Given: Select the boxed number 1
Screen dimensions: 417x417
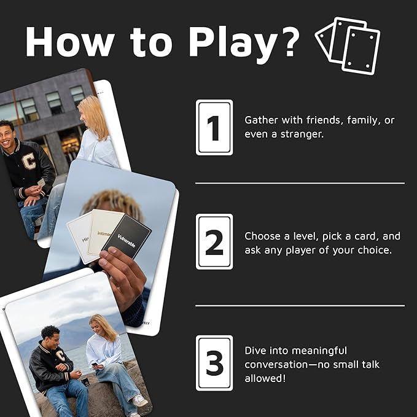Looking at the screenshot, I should click(x=214, y=127).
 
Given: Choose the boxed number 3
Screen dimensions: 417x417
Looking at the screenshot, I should click(x=214, y=363).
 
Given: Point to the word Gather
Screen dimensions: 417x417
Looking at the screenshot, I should click(x=261, y=120).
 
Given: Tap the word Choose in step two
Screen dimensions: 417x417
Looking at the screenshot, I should click(x=262, y=236).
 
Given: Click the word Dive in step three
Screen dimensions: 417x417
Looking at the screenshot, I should click(x=255, y=350).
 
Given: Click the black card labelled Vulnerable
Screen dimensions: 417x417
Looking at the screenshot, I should click(x=126, y=235).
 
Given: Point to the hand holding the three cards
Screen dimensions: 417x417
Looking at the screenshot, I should click(x=123, y=276).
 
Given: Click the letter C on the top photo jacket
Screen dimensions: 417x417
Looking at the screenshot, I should click(x=29, y=161).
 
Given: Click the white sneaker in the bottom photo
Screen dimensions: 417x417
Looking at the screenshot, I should click(x=140, y=400).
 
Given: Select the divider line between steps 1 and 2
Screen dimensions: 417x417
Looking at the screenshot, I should click(x=300, y=183).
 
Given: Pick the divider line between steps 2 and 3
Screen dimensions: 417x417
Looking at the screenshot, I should click(x=300, y=305).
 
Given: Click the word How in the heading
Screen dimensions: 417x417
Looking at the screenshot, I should click(x=67, y=42).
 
